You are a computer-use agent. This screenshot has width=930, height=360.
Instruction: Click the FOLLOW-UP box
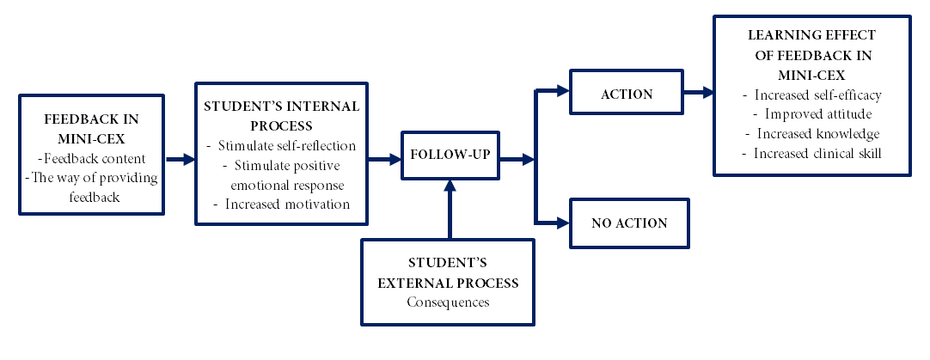[x=450, y=156]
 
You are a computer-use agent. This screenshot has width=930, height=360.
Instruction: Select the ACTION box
[x=627, y=92]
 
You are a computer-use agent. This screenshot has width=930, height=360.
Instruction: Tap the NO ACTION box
[x=629, y=223]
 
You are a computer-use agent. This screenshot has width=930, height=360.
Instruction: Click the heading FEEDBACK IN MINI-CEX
[x=91, y=129]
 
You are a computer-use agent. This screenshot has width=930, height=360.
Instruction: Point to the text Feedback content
[x=91, y=159]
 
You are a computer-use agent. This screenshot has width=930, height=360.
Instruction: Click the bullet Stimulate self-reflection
[x=281, y=146]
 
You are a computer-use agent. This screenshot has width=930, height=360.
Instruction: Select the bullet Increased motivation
[x=281, y=204]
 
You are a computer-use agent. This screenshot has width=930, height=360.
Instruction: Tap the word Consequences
[x=448, y=302]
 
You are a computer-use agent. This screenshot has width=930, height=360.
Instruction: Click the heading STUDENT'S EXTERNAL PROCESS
[x=448, y=273]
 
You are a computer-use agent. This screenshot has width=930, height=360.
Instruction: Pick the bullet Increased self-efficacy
[x=812, y=95]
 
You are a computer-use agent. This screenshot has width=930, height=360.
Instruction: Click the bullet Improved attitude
[x=812, y=114]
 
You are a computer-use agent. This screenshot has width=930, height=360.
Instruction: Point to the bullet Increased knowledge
[x=812, y=133]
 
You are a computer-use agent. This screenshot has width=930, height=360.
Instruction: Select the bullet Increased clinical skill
[x=812, y=153]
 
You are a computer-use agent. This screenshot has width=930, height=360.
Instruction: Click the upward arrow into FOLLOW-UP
[x=450, y=209]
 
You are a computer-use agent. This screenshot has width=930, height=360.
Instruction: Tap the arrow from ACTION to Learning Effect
[x=699, y=92]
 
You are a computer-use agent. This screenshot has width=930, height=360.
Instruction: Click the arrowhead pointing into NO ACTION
[x=563, y=223]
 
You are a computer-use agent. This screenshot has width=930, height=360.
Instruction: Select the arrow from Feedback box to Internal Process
[x=180, y=159]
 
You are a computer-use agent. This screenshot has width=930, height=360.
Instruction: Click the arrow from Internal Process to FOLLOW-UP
[x=384, y=159]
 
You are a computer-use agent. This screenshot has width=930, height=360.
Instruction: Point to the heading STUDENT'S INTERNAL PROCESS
[x=282, y=116]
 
